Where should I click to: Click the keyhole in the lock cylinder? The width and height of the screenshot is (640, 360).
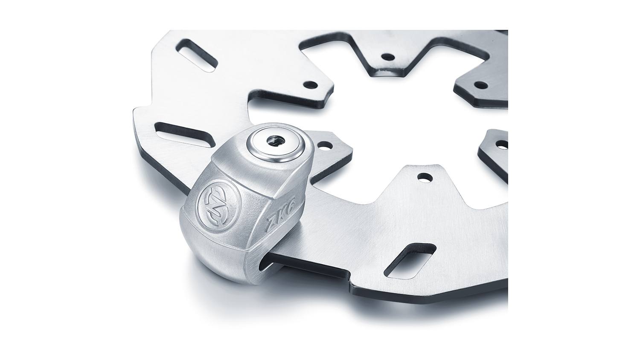pos(276,140)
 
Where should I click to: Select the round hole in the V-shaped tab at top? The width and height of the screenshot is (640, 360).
pos(388,57)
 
